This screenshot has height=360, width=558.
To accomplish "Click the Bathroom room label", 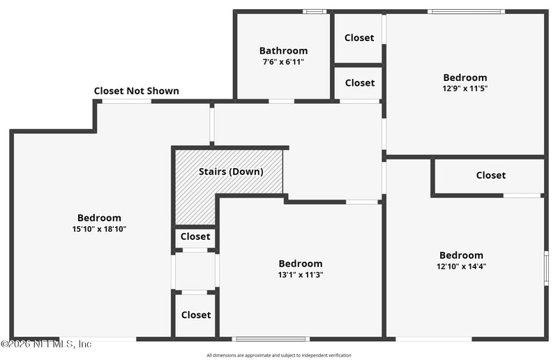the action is tap(283, 50).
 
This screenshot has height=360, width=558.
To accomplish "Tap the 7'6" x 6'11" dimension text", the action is tap(283, 62).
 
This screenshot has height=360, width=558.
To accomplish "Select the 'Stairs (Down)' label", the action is tap(231, 172).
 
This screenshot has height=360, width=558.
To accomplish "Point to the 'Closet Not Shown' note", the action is tap(136, 91).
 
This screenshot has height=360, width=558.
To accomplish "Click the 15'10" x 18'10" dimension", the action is tap(99, 229).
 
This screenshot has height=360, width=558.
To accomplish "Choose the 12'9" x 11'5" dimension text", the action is tap(465, 89).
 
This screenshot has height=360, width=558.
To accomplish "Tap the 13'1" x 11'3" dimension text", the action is tap(301, 275).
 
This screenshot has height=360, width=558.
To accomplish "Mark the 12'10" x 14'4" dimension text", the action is tap(462, 267).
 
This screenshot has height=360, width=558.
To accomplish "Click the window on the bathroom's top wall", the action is tap(315, 11).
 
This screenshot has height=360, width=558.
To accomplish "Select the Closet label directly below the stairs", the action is tap(195, 237).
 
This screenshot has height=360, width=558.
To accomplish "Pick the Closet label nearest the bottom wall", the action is tap(196, 315).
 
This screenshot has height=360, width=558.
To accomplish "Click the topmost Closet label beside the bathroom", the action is tap(359, 38).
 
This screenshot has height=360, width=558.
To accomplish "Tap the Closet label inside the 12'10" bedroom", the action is tap(491, 175).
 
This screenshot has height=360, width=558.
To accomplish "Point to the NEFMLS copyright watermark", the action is tap(46, 344).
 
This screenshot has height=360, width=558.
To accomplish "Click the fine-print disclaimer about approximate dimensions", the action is tap(279, 355).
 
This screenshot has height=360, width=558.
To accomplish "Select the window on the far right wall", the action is tap(546, 268).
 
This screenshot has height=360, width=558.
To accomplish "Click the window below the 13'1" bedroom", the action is tap(271, 339).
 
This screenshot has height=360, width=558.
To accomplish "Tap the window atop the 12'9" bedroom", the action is tap(466, 12).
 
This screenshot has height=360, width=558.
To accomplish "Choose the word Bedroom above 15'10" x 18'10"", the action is tap(99, 218).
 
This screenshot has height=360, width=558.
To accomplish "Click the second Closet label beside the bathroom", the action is tap(360, 83).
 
